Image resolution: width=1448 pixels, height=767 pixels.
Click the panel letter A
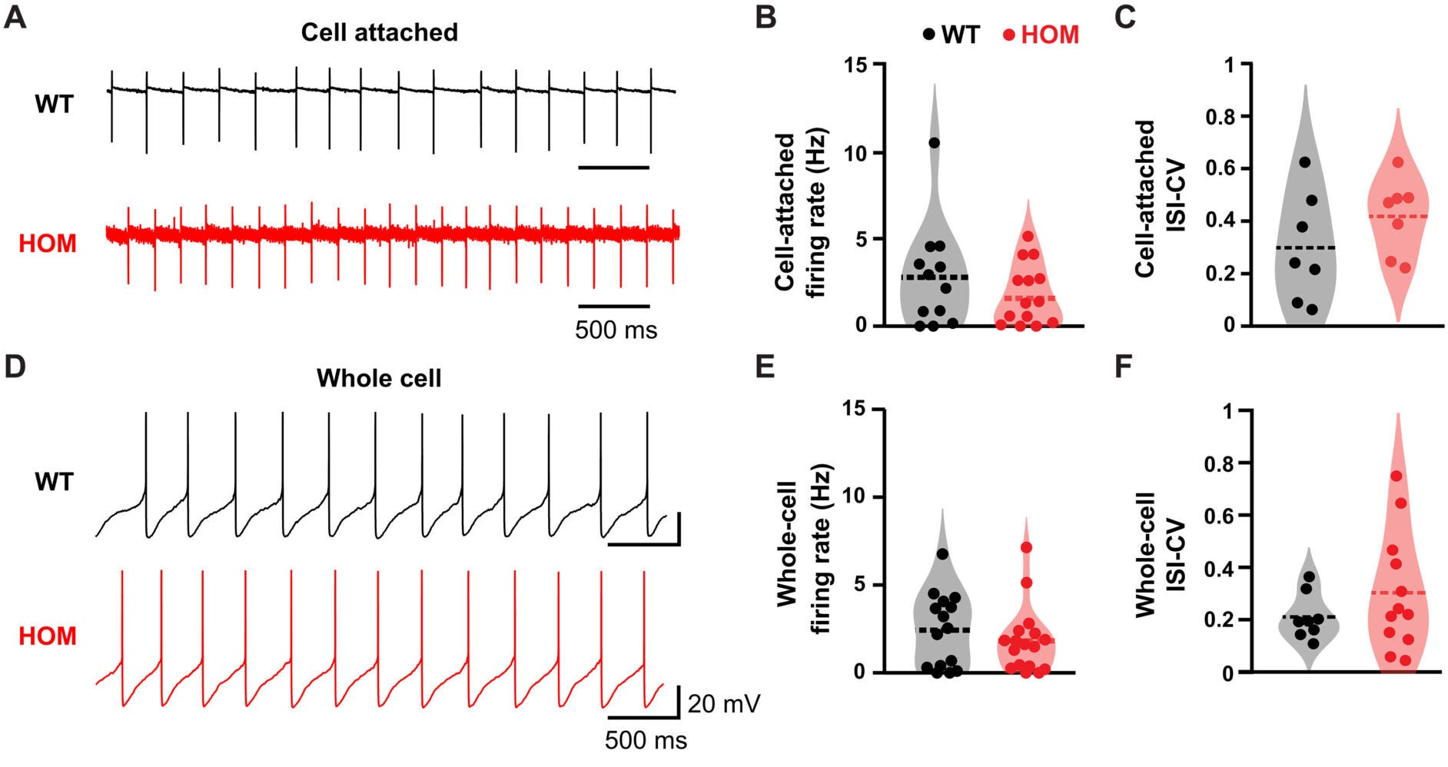click(x=15, y=17)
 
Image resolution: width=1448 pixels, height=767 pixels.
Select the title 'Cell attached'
click(x=379, y=32)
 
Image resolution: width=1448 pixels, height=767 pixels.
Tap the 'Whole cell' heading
click(x=379, y=378)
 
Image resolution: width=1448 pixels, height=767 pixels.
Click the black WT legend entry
click(x=951, y=35)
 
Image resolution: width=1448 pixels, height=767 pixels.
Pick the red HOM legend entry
click(x=1041, y=35)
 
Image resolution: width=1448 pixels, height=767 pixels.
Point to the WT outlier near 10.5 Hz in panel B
click(x=935, y=143)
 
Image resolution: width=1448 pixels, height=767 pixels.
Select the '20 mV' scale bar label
click(x=723, y=703)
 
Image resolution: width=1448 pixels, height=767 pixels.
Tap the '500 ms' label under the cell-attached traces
click(x=616, y=330)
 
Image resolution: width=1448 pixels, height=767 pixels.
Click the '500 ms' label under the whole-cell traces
click(x=646, y=741)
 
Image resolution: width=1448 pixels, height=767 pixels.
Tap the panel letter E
click(x=765, y=367)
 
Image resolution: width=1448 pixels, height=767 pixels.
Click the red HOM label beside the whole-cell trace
click(x=48, y=636)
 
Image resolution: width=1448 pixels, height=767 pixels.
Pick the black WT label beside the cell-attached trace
click(x=54, y=105)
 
